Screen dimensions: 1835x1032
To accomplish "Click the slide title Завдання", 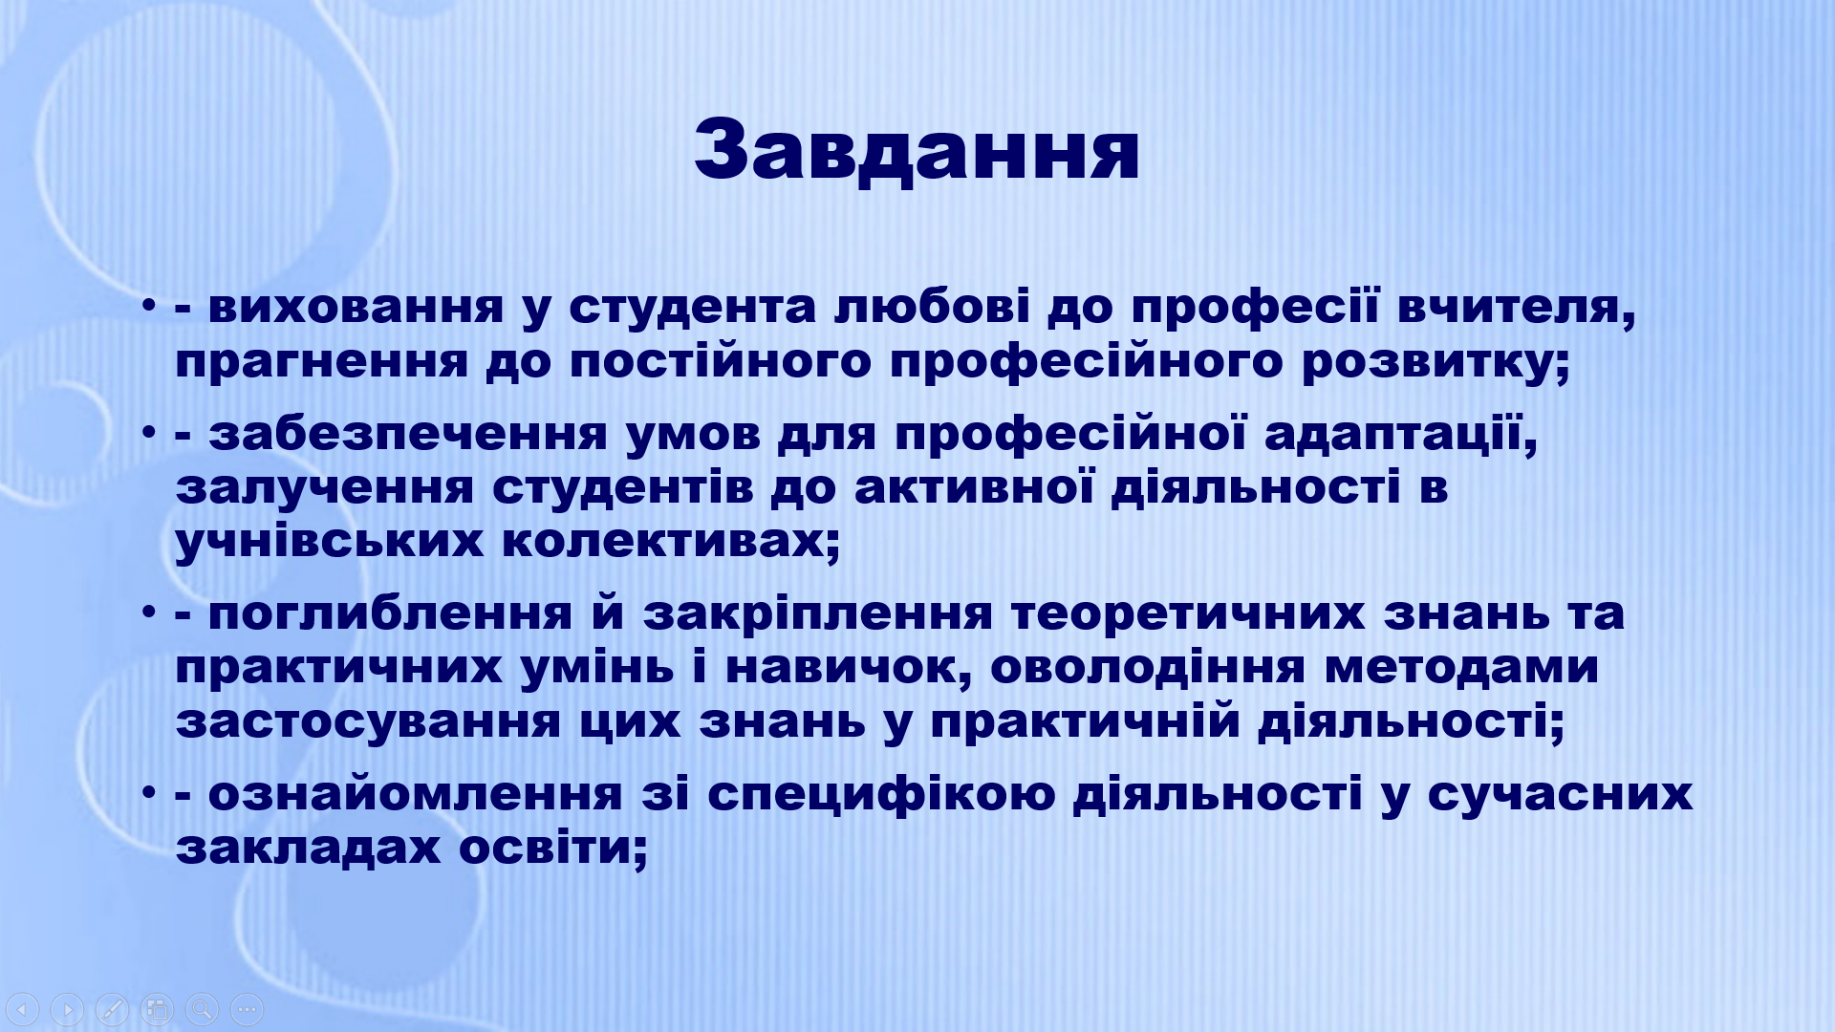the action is (x=917, y=150).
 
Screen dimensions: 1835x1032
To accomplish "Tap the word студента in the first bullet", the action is (x=692, y=308).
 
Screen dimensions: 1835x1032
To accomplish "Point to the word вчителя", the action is (x=1516, y=308).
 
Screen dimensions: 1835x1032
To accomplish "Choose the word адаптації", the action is (x=1400, y=435).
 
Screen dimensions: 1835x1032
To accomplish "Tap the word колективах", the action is (x=670, y=542).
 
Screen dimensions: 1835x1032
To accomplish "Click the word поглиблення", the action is (x=390, y=613).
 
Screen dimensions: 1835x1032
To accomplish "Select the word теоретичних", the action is (x=1188, y=614).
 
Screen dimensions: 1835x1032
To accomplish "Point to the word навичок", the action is (x=849, y=668).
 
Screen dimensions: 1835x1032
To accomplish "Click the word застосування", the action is (x=368, y=722).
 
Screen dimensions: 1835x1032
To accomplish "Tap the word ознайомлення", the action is (x=415, y=794).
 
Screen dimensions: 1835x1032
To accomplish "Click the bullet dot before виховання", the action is (x=148, y=307).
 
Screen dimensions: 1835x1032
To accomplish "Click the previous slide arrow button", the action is (x=23, y=1009).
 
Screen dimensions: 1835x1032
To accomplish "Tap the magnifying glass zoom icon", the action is (x=202, y=1009).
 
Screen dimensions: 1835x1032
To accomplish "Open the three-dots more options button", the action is (x=247, y=1009).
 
